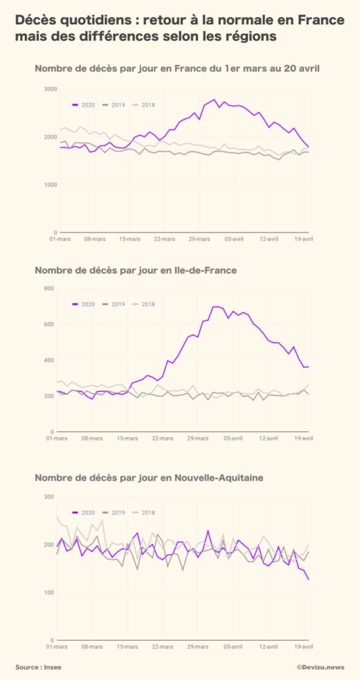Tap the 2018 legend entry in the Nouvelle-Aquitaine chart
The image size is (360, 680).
(144, 512)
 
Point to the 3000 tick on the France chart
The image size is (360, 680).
(49, 89)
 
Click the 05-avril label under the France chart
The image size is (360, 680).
(233, 239)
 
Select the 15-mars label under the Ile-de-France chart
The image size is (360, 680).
(128, 438)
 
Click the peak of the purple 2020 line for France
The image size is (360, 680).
(215, 100)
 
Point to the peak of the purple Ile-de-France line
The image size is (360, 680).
(215, 306)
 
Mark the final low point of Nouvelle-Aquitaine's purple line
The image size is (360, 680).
(309, 580)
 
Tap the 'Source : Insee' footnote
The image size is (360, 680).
(38, 667)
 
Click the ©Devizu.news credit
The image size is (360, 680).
(321, 667)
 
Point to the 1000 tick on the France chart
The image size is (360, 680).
(49, 185)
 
